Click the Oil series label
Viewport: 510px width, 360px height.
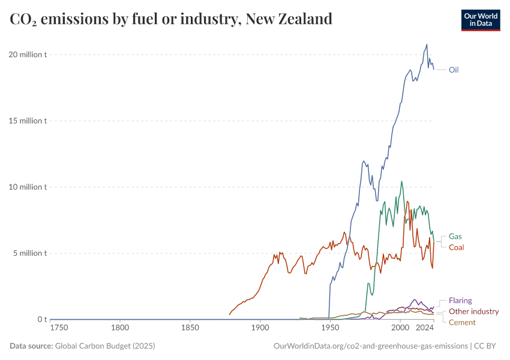tap(454, 70)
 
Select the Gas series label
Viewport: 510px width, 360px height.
tap(455, 236)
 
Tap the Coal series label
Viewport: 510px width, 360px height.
tap(456, 247)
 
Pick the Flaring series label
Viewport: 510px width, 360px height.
tap(460, 301)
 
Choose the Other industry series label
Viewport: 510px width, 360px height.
tap(473, 311)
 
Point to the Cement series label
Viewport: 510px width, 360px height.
tap(462, 322)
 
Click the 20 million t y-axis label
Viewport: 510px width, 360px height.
tap(28, 55)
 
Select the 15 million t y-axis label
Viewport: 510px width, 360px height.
tap(28, 121)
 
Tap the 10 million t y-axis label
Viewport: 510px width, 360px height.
tap(28, 187)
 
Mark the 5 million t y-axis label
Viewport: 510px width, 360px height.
tap(29, 253)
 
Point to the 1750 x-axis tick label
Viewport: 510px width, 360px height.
tap(59, 328)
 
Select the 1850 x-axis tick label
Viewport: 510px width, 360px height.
tap(190, 328)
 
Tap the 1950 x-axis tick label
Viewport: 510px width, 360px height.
tap(329, 328)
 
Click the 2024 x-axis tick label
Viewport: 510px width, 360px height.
tap(425, 328)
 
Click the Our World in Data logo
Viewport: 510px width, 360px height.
tap(481, 20)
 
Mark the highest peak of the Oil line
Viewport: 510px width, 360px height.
tap(427, 44)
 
